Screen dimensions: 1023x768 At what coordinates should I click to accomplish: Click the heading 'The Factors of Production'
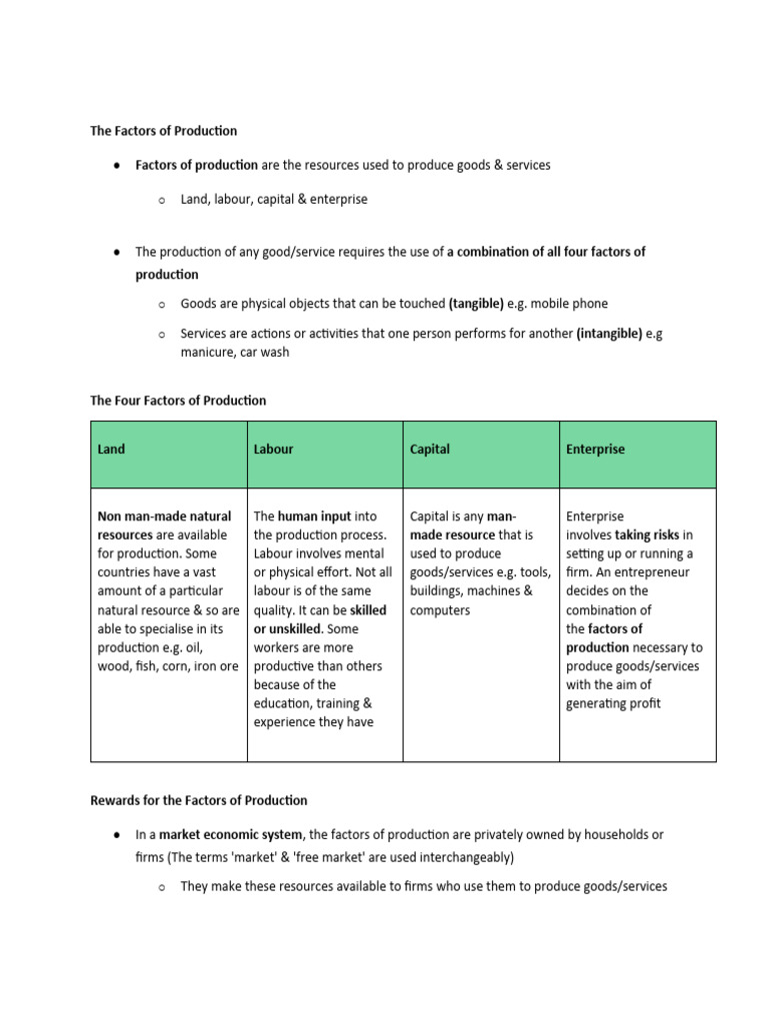(x=164, y=131)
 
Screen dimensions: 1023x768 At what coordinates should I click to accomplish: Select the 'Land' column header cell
(x=169, y=455)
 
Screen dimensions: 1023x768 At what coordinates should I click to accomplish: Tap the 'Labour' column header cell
(x=325, y=455)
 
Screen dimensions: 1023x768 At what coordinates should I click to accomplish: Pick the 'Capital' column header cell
(x=481, y=455)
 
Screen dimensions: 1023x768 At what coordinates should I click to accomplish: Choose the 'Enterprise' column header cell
(x=637, y=455)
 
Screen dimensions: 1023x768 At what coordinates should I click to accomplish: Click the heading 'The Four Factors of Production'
(x=178, y=401)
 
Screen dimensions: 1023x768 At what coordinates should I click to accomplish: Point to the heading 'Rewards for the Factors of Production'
(x=199, y=800)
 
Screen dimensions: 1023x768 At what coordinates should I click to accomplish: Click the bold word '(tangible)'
(x=476, y=304)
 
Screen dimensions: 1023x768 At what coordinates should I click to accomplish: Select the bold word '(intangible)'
(x=609, y=334)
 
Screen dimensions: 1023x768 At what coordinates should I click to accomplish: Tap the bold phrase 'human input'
(x=313, y=516)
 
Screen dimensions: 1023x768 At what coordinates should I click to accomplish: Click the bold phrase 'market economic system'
(x=232, y=834)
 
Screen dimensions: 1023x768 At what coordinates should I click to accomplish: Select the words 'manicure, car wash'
(x=235, y=353)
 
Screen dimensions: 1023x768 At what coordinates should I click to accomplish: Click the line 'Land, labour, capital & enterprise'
(x=274, y=199)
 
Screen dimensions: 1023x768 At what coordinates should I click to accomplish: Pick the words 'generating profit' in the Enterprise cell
(x=613, y=703)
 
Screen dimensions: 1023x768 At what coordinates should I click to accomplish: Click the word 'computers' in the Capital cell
(x=440, y=610)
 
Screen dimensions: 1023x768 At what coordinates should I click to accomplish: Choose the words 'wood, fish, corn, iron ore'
(x=168, y=666)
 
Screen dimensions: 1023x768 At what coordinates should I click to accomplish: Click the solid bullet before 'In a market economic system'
(x=118, y=834)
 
